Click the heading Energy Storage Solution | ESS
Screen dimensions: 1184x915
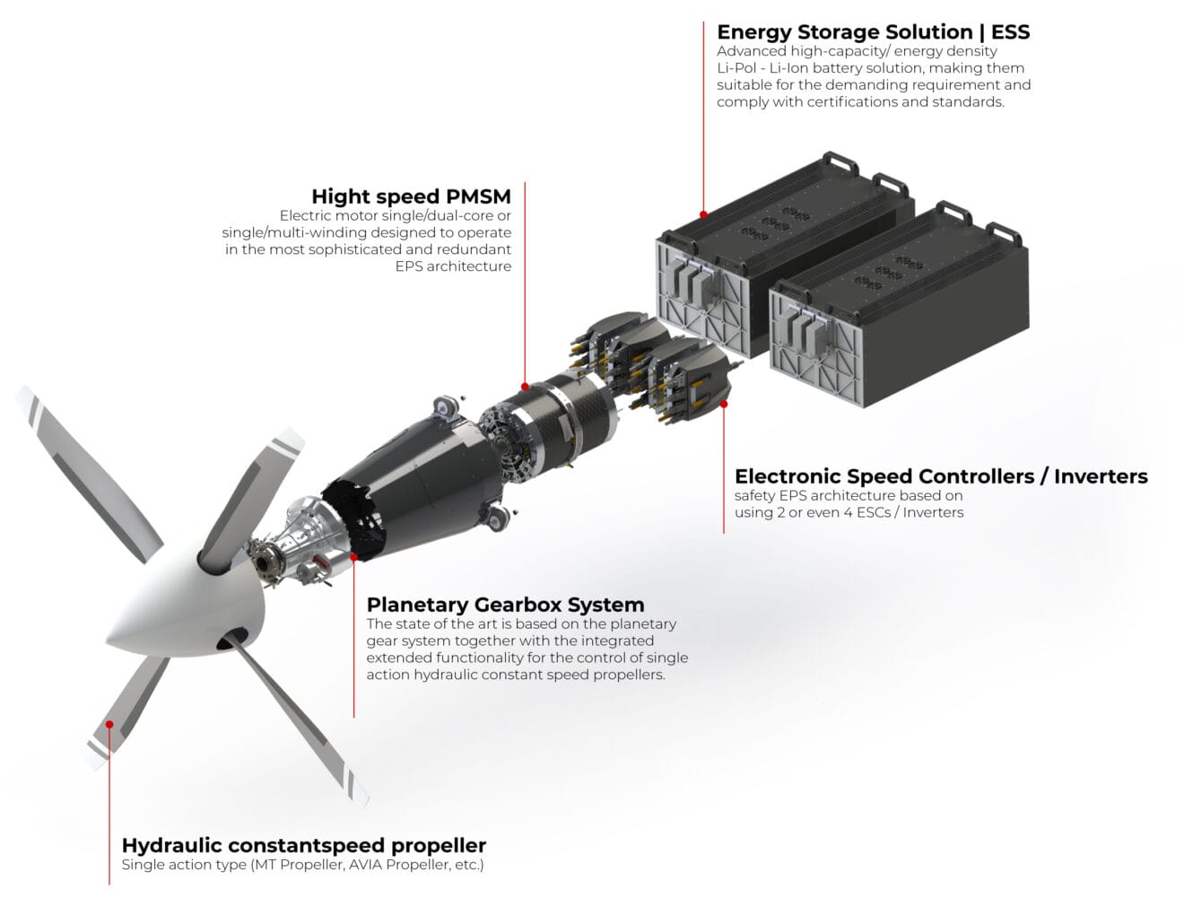click(x=873, y=32)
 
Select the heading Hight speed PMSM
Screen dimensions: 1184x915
click(x=412, y=196)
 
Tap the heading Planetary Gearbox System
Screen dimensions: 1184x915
click(x=505, y=605)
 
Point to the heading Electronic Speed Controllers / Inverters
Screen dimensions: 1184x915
click(x=941, y=476)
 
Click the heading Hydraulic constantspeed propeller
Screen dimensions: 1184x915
click(x=304, y=845)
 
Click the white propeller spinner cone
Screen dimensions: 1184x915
click(x=191, y=599)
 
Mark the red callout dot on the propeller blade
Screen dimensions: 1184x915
click(x=109, y=724)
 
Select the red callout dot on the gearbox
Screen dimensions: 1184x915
click(x=354, y=557)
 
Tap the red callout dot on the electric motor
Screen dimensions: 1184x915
click(x=525, y=387)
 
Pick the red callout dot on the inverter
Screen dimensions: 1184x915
click(x=724, y=404)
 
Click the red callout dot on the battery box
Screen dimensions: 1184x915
click(x=703, y=214)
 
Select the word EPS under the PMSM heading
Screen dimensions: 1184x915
click(x=409, y=266)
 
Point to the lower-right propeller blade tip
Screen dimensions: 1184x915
click(x=362, y=800)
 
